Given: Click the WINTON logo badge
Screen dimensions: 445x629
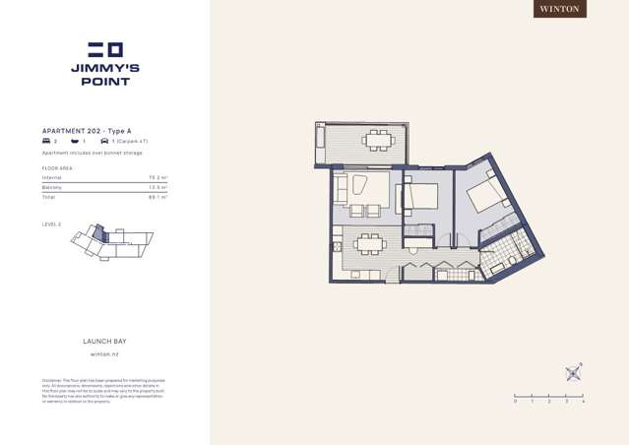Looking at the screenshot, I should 560,9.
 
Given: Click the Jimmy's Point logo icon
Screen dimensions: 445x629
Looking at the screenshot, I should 105,49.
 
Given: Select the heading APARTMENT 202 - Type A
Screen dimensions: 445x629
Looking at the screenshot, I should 87,131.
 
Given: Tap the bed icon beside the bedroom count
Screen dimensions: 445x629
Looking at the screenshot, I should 46,142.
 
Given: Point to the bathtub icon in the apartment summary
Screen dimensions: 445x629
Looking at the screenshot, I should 75,142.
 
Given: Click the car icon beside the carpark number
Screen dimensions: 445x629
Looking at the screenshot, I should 104,142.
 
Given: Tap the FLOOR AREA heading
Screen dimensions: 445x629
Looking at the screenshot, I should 57,168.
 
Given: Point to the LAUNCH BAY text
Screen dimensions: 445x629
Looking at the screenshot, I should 104,342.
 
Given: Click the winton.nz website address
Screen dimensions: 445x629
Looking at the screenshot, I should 104,353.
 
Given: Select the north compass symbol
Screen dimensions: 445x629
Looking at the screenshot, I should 574,373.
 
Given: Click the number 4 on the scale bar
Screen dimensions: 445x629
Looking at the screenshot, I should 583,402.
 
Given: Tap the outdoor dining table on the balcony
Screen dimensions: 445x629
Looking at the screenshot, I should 378,139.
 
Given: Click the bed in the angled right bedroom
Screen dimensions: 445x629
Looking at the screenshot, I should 486,195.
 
